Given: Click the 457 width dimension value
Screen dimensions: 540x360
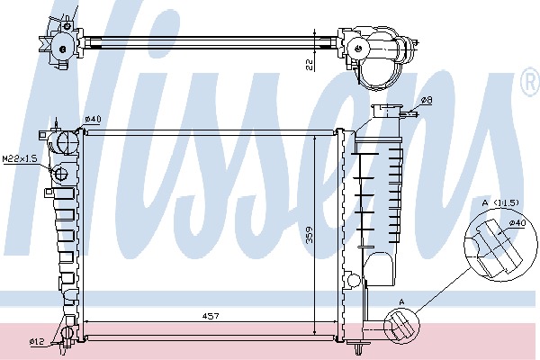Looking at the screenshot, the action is tap(210, 316).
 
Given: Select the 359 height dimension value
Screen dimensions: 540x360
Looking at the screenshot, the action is tap(310, 235).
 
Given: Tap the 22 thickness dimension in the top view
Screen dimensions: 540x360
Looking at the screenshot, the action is tap(310, 65).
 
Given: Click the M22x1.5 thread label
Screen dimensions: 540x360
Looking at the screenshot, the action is tap(20, 158).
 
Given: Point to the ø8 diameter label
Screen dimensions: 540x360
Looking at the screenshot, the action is tap(427, 100).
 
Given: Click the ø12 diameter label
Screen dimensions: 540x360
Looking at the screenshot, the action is tap(37, 341).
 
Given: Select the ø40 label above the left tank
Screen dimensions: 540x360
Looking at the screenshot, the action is tap(93, 119).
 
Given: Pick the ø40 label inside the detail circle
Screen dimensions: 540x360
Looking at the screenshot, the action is tap(517, 223).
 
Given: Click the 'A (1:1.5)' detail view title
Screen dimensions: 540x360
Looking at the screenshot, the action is tap(500, 202).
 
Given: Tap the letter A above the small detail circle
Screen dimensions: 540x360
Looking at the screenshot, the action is tap(401, 302).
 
